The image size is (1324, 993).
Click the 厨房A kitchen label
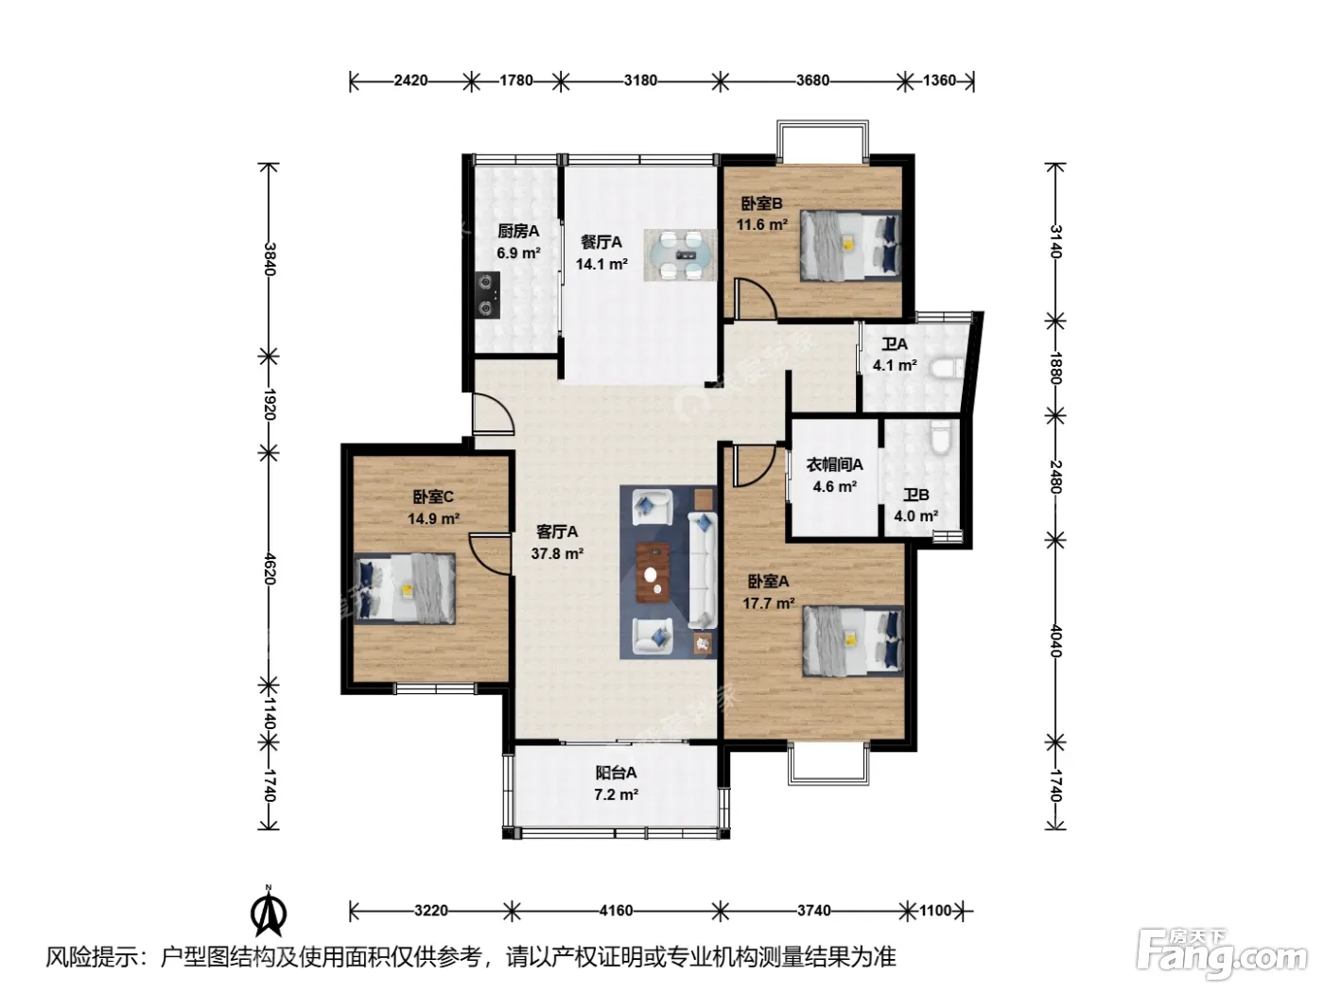[x=518, y=231]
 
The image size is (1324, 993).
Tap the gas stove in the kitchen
[x=487, y=295]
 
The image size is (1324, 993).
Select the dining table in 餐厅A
[x=680, y=254]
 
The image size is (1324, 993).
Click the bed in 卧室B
[x=850, y=245]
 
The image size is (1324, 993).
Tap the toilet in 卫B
[x=940, y=437]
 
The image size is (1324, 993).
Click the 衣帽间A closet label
[x=835, y=464]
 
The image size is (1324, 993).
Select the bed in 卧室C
[x=404, y=588]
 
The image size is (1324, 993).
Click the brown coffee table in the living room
[x=653, y=572]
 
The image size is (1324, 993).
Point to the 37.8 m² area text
[x=557, y=553]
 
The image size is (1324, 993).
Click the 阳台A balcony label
[x=616, y=773]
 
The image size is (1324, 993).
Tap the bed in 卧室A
[x=852, y=641]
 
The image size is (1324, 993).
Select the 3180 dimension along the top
[x=640, y=80]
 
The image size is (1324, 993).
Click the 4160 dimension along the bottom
[x=616, y=911]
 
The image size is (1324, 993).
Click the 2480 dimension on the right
[x=1055, y=477]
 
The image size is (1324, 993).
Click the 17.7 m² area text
[x=769, y=603]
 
